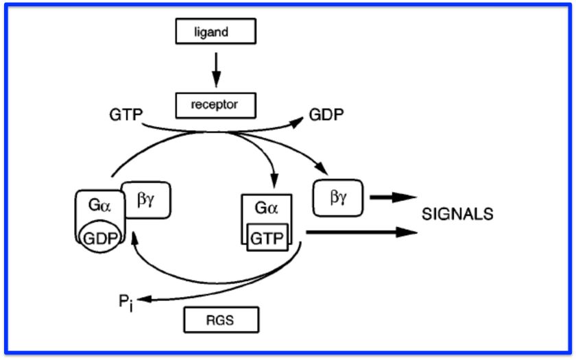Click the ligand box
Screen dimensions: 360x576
pyautogui.click(x=215, y=32)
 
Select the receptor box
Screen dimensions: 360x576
pyautogui.click(x=215, y=105)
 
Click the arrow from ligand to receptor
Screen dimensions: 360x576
pyautogui.click(x=215, y=69)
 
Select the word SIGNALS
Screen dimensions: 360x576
pyautogui.click(x=457, y=214)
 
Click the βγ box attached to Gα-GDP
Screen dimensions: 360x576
pyautogui.click(x=145, y=200)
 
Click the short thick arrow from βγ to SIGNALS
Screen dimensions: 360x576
pyautogui.click(x=394, y=197)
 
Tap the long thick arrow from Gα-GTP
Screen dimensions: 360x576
pyautogui.click(x=360, y=232)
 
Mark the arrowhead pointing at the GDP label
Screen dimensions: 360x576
pyautogui.click(x=296, y=122)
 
